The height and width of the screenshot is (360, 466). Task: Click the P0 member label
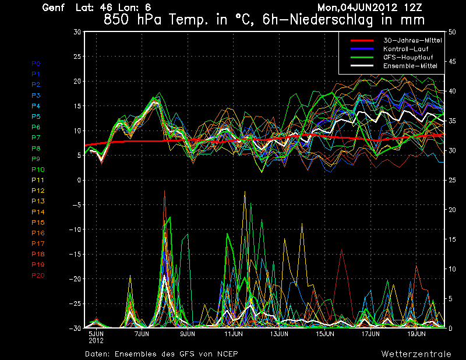point(36,63)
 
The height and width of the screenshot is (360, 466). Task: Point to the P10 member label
point(38,170)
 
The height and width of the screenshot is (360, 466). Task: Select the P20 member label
point(38,276)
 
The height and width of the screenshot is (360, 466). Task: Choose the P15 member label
point(38,223)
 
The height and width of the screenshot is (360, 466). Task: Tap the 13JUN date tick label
point(280,334)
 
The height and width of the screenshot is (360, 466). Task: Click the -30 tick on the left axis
point(75,328)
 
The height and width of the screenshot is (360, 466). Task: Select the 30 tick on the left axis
point(77,31)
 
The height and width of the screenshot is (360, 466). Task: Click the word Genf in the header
point(53,8)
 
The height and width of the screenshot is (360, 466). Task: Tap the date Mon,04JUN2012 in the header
point(355,8)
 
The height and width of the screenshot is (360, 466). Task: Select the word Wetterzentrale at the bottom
point(416,354)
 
